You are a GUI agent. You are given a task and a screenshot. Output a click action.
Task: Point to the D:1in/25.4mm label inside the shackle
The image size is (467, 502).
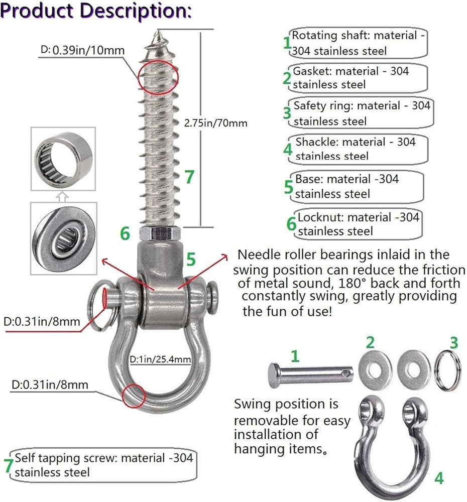coord(160,359)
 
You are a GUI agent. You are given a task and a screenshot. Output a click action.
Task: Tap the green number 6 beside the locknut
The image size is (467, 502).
coord(125,233)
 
